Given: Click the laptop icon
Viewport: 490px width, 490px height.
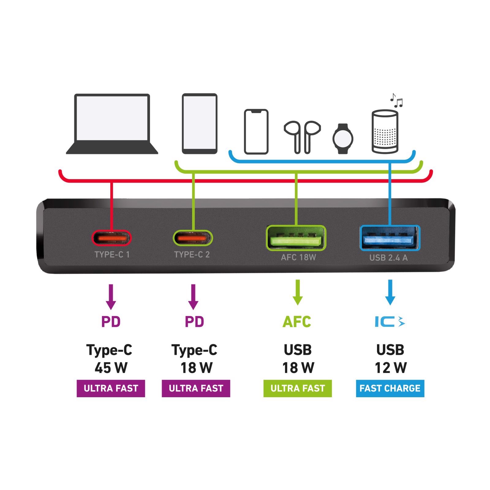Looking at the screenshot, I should [x=112, y=124].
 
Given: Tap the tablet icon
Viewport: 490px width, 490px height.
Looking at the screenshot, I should [x=200, y=123].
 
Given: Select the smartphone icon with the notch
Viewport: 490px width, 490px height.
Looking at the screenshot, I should [x=256, y=132].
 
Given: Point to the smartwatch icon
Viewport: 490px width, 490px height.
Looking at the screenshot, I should [x=343, y=138].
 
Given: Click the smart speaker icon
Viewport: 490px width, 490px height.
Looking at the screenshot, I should [x=385, y=132].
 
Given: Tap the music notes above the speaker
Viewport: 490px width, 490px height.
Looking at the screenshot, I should [x=396, y=100].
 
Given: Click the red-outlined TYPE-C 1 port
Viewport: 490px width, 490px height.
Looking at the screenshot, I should [x=111, y=238].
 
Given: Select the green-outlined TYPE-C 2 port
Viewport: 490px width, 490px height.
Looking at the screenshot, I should [x=193, y=238].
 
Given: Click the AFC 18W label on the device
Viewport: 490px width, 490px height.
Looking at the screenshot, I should [x=298, y=257].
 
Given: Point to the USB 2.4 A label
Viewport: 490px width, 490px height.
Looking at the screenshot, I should [x=388, y=258].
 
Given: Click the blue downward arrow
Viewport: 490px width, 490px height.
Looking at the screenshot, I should [x=390, y=292].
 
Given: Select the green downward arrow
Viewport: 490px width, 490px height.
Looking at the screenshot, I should [x=297, y=292].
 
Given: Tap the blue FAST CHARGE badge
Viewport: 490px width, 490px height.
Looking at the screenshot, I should [x=390, y=388].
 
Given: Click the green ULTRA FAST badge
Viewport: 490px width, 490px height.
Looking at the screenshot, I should [x=297, y=388].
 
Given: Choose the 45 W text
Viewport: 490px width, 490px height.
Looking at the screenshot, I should [x=111, y=368].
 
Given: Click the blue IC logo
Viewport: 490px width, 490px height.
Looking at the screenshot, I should [x=390, y=322].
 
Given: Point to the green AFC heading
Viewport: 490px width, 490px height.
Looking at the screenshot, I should [x=297, y=322].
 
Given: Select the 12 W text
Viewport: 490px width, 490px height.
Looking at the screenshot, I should [x=391, y=368].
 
